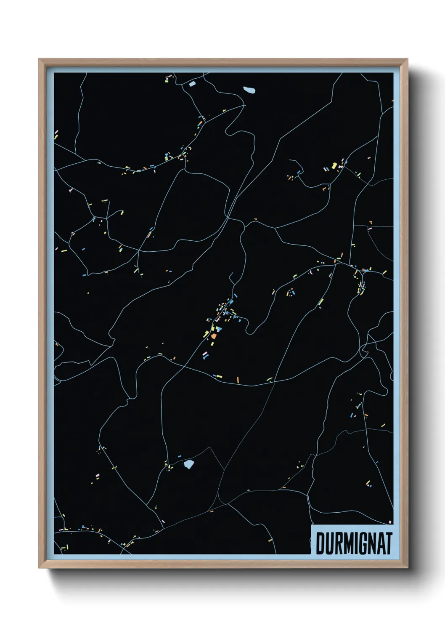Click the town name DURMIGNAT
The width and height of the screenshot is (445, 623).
tap(354, 543)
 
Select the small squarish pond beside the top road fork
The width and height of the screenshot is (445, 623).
tap(192, 84)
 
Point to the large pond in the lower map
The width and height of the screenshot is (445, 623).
tap(189, 465)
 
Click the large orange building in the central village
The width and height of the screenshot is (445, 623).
tap(214, 335)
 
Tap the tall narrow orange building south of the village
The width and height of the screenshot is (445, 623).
tap(238, 380)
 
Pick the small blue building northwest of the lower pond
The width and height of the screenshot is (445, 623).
tap(180, 456)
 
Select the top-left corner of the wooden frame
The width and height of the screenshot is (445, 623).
tap(39, 59)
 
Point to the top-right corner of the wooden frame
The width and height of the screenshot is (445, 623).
tap(407, 59)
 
